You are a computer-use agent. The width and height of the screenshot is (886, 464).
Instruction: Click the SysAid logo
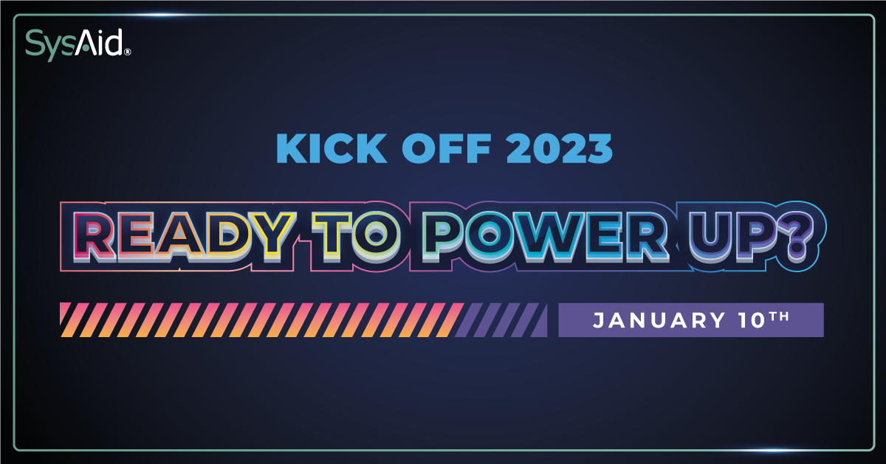click(x=78, y=44)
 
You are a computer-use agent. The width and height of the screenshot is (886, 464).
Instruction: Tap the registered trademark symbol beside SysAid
click(x=127, y=52)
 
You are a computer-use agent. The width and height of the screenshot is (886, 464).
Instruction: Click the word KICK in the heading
click(x=332, y=148)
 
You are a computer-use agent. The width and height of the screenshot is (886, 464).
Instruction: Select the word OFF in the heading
click(x=447, y=148)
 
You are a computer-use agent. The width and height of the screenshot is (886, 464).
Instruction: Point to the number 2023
click(x=560, y=148)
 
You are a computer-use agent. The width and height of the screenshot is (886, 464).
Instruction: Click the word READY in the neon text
click(x=185, y=236)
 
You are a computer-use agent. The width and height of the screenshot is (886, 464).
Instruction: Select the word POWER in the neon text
click(x=546, y=236)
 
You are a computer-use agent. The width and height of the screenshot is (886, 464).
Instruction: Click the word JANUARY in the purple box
click(x=659, y=320)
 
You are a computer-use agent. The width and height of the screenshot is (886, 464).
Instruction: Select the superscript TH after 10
click(x=779, y=316)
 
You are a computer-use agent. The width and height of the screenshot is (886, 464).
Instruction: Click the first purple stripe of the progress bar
click(x=470, y=320)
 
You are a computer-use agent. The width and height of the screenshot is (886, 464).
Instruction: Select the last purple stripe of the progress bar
click(x=540, y=320)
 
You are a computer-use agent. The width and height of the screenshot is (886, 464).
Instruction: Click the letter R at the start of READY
click(x=95, y=236)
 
